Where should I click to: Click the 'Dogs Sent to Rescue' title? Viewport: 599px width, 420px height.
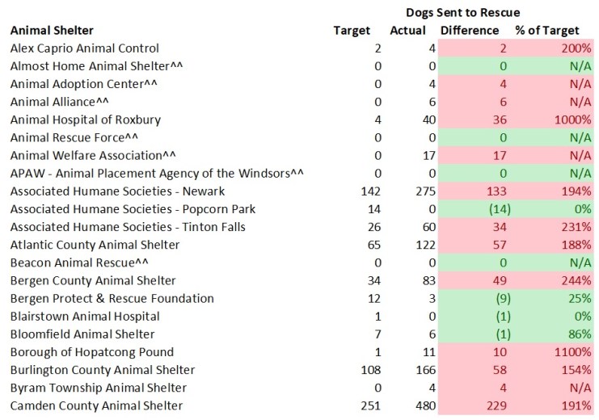[x=462, y=12]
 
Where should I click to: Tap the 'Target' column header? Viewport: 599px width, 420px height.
[x=352, y=31]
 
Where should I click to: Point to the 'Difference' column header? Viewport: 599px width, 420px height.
[x=470, y=31]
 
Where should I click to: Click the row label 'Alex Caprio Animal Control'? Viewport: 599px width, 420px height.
[x=84, y=48]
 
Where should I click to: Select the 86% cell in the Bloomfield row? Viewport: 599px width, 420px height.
[x=578, y=334]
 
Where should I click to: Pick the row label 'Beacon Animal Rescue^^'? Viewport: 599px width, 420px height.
[x=75, y=262]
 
